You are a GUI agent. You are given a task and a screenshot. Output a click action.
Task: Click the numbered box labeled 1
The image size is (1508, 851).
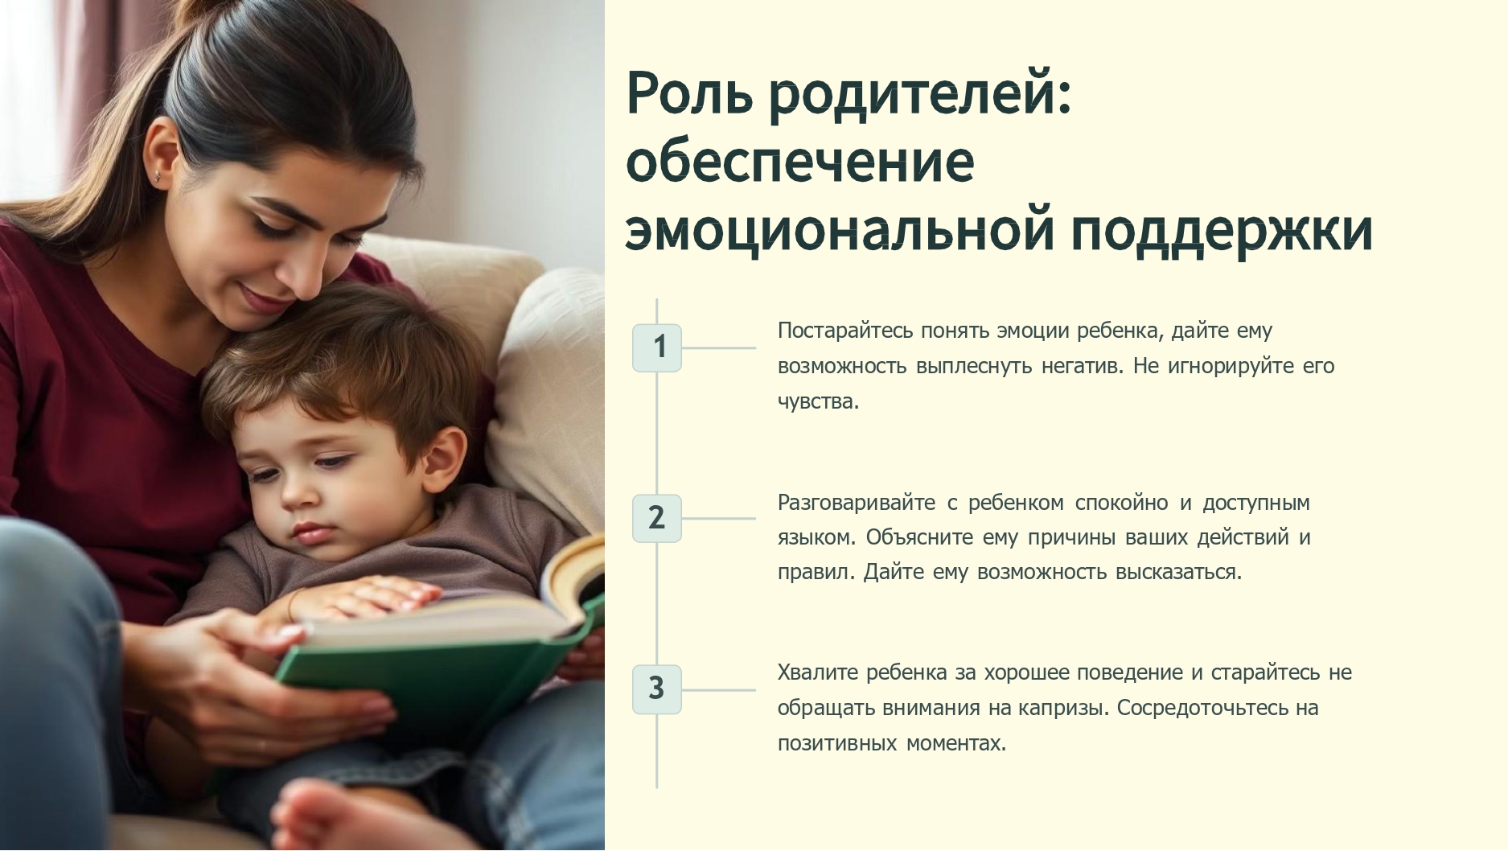tap(657, 347)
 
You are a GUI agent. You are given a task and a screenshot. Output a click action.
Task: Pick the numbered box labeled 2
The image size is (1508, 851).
tap(657, 518)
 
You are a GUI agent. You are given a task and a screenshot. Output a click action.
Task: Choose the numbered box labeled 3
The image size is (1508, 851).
tap(657, 689)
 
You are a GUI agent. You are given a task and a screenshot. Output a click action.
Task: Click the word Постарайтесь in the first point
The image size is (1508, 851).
tap(845, 331)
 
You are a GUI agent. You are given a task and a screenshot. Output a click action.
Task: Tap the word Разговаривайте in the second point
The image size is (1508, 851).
tap(857, 503)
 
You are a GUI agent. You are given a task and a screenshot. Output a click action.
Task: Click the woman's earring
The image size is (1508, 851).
tap(158, 175)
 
